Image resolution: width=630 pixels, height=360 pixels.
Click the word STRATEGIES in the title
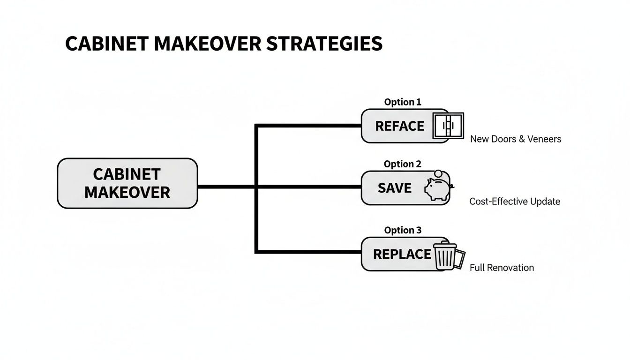324,44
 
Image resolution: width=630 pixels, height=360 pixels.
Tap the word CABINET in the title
106,44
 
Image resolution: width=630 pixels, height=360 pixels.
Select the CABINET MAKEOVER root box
127,183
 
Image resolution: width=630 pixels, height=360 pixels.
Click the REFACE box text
399,126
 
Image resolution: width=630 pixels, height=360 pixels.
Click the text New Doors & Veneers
515,139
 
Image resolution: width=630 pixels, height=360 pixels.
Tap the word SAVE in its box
394,188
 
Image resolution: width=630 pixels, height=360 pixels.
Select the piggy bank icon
437,190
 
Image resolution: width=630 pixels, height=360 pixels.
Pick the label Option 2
402,164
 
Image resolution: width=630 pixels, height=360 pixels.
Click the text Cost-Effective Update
514,202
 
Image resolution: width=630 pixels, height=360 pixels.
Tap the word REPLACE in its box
402,254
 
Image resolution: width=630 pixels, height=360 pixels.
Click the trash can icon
444,256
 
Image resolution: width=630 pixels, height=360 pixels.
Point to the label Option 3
402,230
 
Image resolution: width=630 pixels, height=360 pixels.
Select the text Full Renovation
501,268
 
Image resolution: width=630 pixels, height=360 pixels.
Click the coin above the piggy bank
439,173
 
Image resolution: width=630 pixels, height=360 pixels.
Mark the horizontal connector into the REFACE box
309,126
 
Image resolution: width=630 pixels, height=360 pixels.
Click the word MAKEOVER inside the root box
127,192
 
